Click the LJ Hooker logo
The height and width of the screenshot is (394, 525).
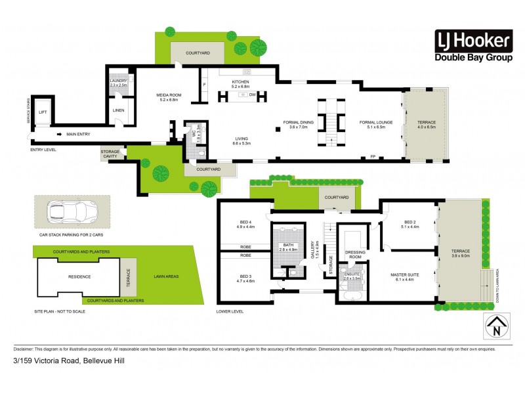point(472,47)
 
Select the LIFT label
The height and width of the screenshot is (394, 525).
point(42,112)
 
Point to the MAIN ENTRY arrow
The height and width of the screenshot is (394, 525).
point(60,135)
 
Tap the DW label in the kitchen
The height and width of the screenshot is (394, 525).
point(252,95)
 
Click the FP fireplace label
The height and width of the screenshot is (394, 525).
point(372,157)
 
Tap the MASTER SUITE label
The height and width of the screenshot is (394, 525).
point(403,276)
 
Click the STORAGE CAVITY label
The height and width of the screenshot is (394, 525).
point(110,154)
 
